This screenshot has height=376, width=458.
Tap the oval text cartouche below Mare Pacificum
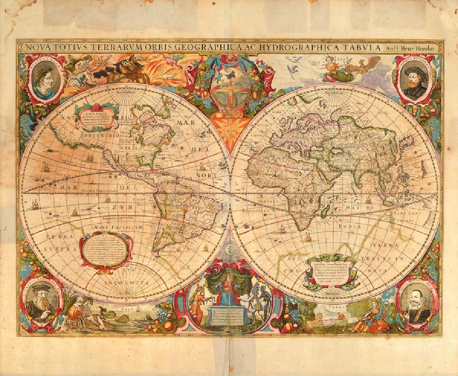point(106,250)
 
